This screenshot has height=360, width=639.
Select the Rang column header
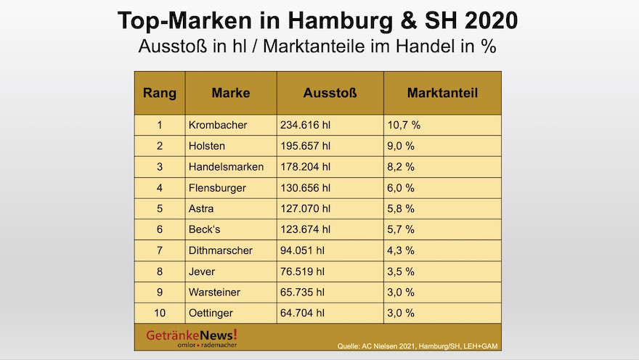click(159, 93)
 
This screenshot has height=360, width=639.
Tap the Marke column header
click(230, 93)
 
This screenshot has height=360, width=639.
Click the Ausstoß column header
click(330, 93)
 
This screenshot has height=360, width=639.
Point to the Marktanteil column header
click(441, 93)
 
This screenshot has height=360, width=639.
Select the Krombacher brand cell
click(217, 125)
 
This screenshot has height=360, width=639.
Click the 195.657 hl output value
click(305, 146)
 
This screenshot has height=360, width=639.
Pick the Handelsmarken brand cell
click(225, 167)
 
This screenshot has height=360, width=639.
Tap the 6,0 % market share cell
click(401, 188)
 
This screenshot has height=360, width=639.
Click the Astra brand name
click(200, 209)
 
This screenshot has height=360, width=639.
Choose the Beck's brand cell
click(204, 229)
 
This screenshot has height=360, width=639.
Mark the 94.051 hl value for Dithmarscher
click(302, 250)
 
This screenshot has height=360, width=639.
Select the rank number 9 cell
click(159, 292)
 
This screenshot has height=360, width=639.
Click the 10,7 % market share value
click(404, 125)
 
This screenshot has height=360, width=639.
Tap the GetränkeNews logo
click(192, 337)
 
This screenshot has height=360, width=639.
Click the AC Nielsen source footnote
click(419, 345)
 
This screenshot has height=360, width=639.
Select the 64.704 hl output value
click(302, 314)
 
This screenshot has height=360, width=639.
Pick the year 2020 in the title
click(489, 20)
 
